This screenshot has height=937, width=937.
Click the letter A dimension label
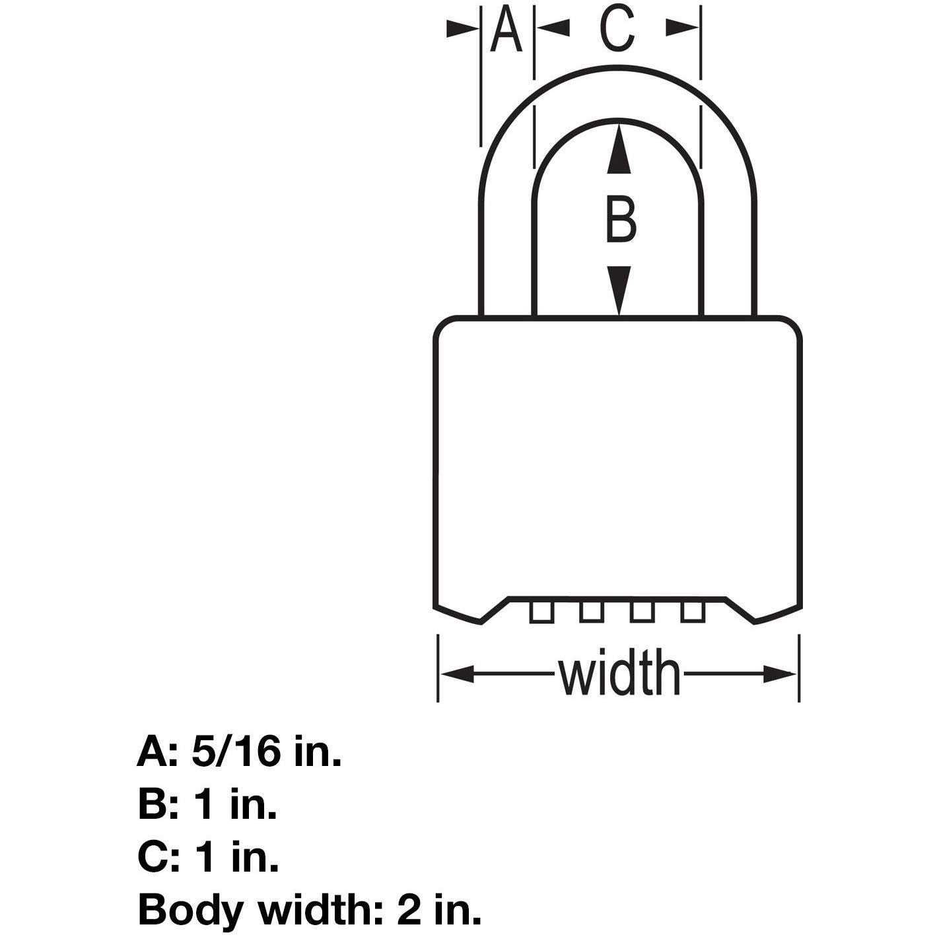pyautogui.click(x=506, y=29)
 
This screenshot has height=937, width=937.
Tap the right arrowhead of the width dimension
pyautogui.click(x=780, y=674)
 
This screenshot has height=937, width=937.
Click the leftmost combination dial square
pyautogui.click(x=540, y=611)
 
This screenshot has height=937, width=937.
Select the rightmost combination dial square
pyautogui.click(x=693, y=611)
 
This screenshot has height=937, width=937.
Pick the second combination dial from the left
pyautogui.click(x=591, y=611)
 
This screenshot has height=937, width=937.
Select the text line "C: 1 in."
pyautogui.click(x=208, y=857)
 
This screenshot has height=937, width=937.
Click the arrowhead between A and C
pyautogui.click(x=552, y=28)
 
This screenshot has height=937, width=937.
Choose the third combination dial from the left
pyautogui.click(x=642, y=611)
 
